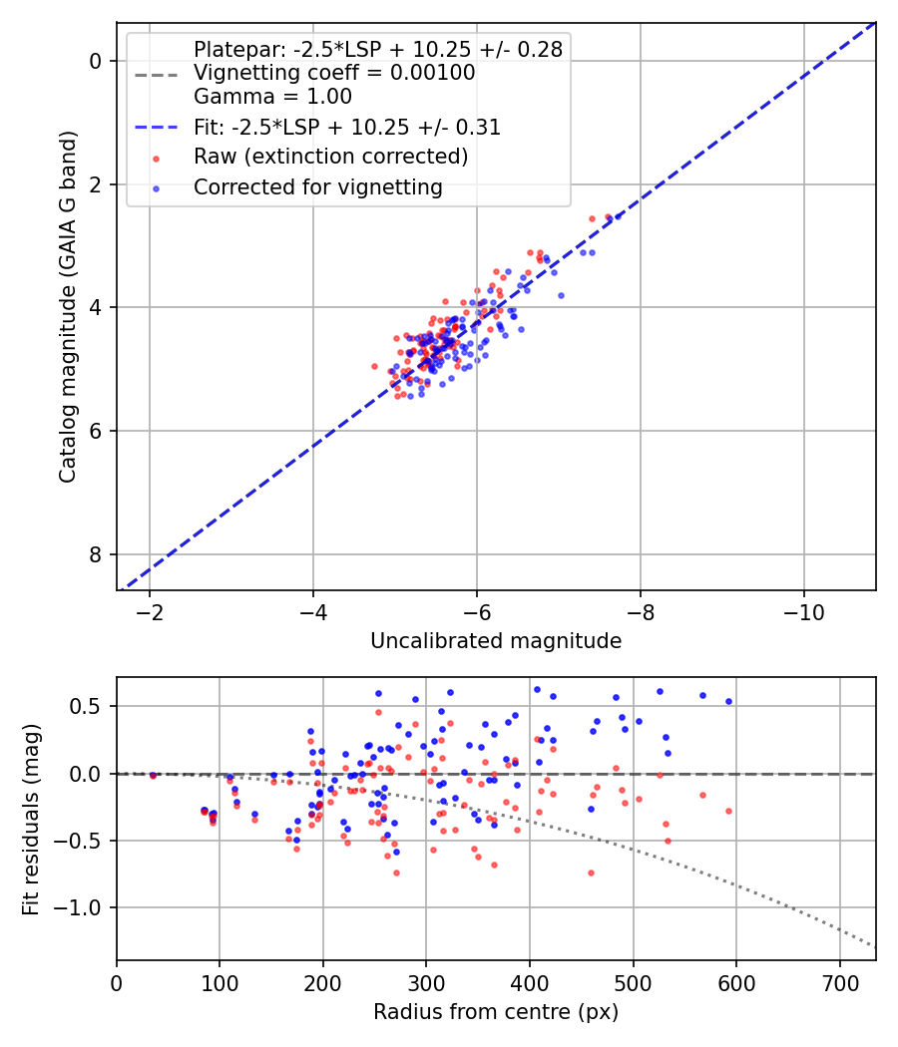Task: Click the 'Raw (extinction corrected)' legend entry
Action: (330, 157)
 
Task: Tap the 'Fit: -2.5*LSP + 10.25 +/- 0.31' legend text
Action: (347, 128)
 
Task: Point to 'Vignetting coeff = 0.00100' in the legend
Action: (334, 73)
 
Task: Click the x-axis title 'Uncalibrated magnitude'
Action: (496, 641)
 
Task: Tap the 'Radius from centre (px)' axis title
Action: (496, 1012)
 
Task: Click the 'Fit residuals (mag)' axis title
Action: (31, 819)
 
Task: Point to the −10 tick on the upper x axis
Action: (803, 610)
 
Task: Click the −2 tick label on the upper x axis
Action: (151, 610)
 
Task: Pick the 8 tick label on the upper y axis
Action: (97, 554)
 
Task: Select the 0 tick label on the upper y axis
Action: (97, 61)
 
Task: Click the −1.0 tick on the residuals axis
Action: (87, 908)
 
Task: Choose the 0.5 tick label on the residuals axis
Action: (92, 706)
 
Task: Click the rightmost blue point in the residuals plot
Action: (728, 701)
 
